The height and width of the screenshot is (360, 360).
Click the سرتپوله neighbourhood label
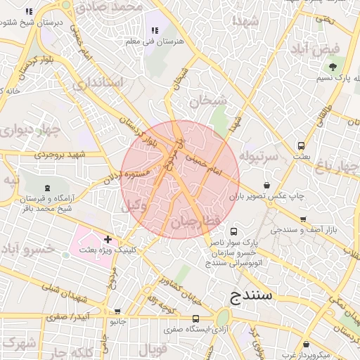pos(259,154)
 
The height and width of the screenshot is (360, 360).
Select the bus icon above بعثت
pos(302,146)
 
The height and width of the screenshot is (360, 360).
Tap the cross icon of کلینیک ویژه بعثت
pos(108,240)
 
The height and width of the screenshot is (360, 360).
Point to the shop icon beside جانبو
pos(117,311)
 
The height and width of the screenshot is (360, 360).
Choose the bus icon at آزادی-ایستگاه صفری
pos(195,319)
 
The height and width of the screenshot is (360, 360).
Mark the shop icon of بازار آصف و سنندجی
pos(295,219)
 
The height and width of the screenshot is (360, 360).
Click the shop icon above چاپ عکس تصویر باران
pos(266,185)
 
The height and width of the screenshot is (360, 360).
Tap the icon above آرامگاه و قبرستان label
pos(47,187)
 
